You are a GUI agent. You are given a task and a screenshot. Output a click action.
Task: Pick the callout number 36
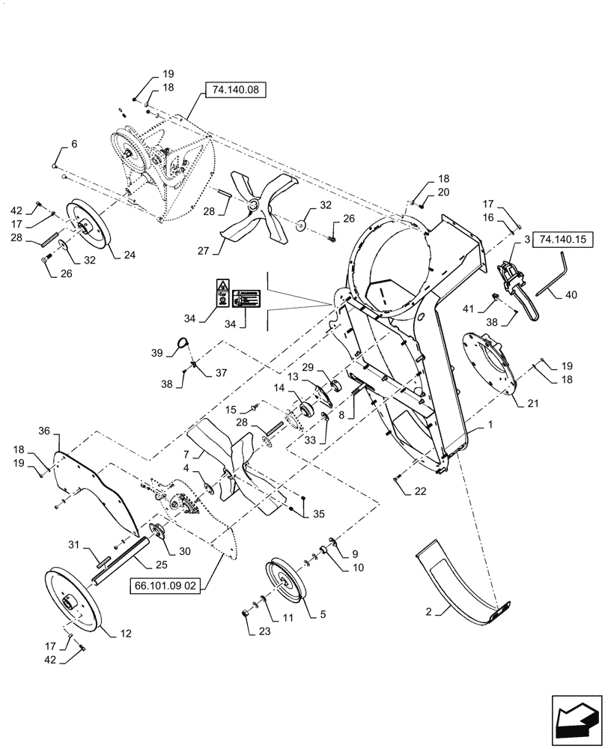(x=44, y=431)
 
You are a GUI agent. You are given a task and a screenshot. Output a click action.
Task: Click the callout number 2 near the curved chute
(x=428, y=610)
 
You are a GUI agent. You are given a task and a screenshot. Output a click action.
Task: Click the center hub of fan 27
(x=255, y=204)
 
